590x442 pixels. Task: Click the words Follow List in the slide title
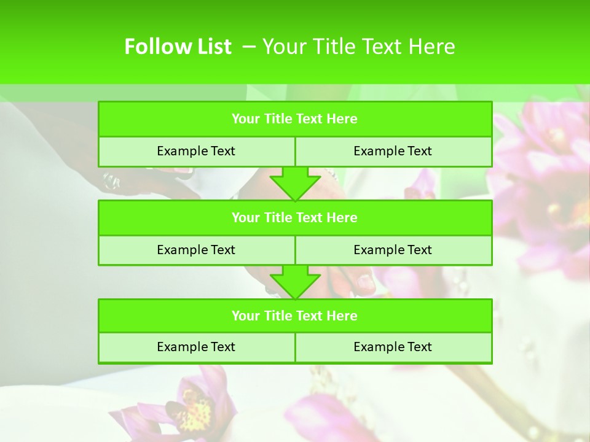pos(178,47)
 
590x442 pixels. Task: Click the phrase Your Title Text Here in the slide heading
pos(359,47)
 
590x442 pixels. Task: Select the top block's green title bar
pos(295,119)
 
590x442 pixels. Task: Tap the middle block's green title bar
pos(295,217)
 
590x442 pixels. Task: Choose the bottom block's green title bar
pos(295,316)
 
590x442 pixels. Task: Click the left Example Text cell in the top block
pos(196,151)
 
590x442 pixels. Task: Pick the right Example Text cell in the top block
pos(393,151)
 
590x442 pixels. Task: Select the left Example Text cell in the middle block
pos(196,250)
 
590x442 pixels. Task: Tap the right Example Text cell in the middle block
pos(393,250)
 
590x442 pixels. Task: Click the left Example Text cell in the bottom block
pos(196,347)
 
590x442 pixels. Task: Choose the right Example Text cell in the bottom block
pos(393,347)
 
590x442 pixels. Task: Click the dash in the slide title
pos(249,47)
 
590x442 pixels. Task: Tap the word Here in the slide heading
pos(431,47)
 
